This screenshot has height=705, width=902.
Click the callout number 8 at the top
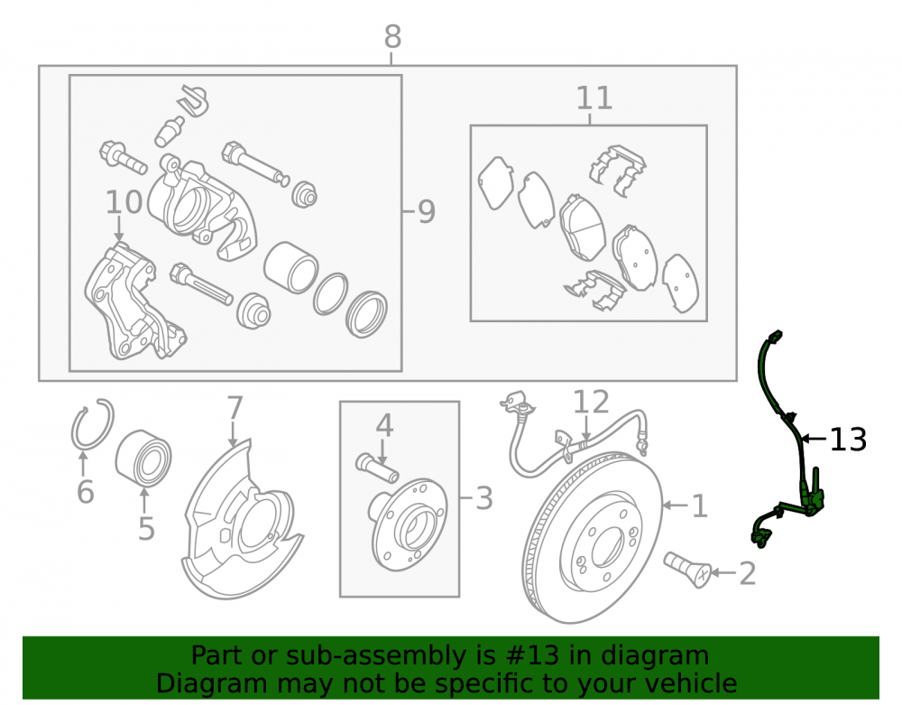(x=392, y=37)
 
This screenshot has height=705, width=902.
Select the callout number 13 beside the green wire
(x=848, y=440)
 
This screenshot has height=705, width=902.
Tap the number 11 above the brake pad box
(x=594, y=98)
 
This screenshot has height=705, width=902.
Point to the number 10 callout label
(x=124, y=202)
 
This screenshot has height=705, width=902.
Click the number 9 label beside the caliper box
(x=427, y=212)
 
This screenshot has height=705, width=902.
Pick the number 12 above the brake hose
(x=591, y=402)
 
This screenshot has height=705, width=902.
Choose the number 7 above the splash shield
(x=235, y=408)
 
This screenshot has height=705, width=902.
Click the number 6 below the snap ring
(x=85, y=492)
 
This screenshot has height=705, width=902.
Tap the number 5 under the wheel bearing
(x=146, y=528)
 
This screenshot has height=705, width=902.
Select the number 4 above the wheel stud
(x=384, y=426)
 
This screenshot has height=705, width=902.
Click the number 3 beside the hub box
(x=484, y=498)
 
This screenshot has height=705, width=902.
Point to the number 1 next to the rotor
(x=699, y=506)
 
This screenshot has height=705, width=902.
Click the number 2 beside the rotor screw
(x=747, y=573)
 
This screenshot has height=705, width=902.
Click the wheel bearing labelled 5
(x=143, y=458)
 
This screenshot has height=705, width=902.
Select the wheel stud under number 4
(x=377, y=468)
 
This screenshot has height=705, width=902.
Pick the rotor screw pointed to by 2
(x=688, y=570)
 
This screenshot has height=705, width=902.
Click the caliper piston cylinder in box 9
(x=291, y=267)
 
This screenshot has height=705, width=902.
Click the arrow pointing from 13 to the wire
(x=814, y=439)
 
